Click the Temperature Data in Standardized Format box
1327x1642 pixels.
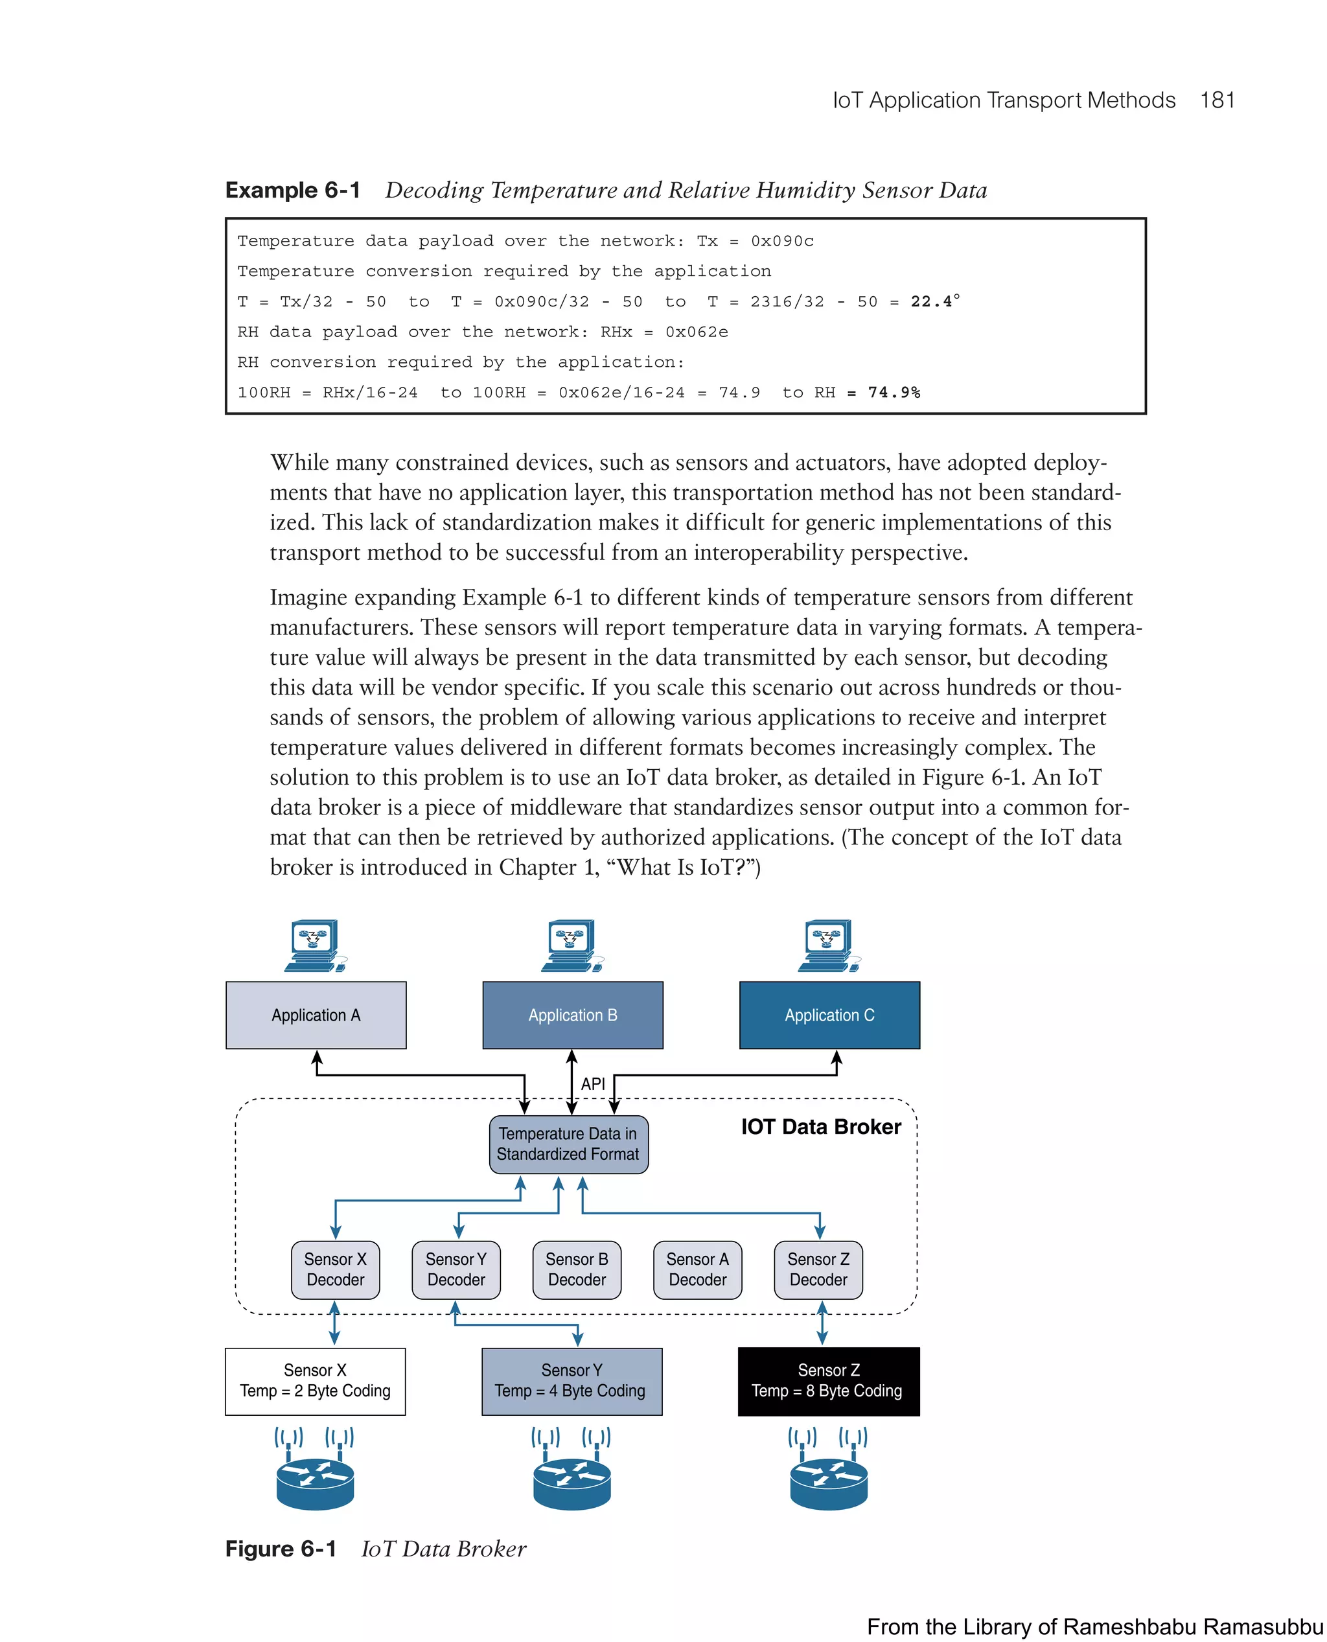coord(568,1144)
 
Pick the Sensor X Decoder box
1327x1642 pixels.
coord(335,1269)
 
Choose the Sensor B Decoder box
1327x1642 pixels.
coord(577,1269)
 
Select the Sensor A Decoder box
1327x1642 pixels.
coord(697,1269)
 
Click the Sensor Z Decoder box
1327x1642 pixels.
coord(818,1269)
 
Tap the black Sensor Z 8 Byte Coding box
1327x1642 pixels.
coord(828,1381)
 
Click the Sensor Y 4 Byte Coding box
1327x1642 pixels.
coord(571,1381)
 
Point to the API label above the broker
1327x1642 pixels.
coord(592,1083)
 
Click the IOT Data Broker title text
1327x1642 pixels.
coord(820,1127)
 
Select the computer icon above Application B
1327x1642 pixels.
coord(571,945)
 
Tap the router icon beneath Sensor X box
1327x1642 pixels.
coord(315,1481)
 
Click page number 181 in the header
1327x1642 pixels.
coord(1217,100)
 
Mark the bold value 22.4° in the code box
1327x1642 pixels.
coord(934,301)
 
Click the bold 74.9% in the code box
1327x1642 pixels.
coord(894,392)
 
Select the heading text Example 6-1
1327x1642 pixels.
coord(293,190)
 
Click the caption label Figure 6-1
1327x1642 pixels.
coord(281,1548)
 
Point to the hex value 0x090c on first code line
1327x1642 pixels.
coord(782,241)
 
